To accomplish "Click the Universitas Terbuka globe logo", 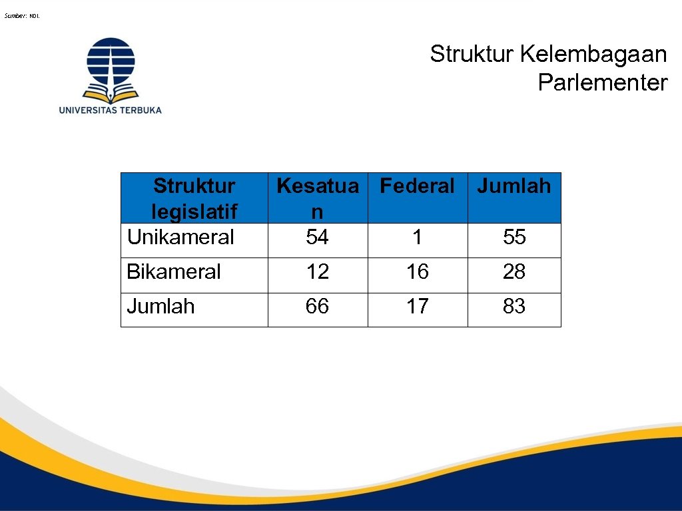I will click(x=111, y=69).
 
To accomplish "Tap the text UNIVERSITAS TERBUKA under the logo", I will click(x=111, y=110).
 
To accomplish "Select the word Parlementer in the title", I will click(x=602, y=83).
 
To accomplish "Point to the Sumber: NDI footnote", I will click(x=22, y=15).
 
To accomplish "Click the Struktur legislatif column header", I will click(x=194, y=198).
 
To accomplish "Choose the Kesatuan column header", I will click(x=317, y=198).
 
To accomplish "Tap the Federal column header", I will click(x=417, y=186).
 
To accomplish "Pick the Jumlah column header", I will click(x=514, y=186).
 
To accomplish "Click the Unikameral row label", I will click(x=180, y=237).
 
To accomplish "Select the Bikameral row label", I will click(x=174, y=271).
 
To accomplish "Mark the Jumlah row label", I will click(x=161, y=306).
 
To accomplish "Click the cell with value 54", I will click(x=317, y=237).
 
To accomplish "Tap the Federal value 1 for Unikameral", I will click(x=417, y=237).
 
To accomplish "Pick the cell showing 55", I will click(x=514, y=237).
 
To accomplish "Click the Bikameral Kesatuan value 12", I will click(x=317, y=271).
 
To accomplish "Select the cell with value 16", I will click(x=417, y=271).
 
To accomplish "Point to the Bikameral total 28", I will click(x=514, y=271).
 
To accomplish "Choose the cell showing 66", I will click(x=317, y=306).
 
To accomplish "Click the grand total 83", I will click(x=514, y=306).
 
